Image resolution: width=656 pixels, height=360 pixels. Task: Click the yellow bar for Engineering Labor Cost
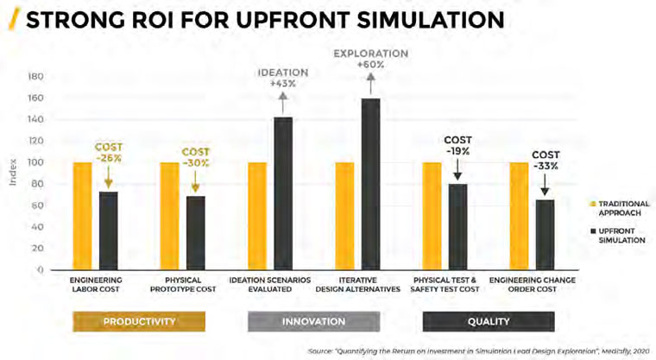(82, 216)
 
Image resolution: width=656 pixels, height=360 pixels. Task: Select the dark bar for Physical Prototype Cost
(195, 233)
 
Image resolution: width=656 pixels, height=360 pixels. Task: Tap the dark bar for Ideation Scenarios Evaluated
(283, 193)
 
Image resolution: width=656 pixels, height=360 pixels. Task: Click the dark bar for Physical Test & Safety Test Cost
(457, 226)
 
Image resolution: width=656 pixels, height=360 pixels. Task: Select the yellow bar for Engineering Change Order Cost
(519, 216)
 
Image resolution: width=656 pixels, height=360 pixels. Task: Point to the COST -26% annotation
(109, 153)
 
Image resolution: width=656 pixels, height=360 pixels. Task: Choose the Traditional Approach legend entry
(614, 207)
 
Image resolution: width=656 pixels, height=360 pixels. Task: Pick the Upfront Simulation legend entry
(614, 235)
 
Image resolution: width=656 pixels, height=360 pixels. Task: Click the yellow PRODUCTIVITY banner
(139, 321)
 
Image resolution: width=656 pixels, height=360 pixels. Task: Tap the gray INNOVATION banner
(313, 321)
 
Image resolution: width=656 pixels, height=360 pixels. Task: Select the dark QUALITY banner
(488, 321)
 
